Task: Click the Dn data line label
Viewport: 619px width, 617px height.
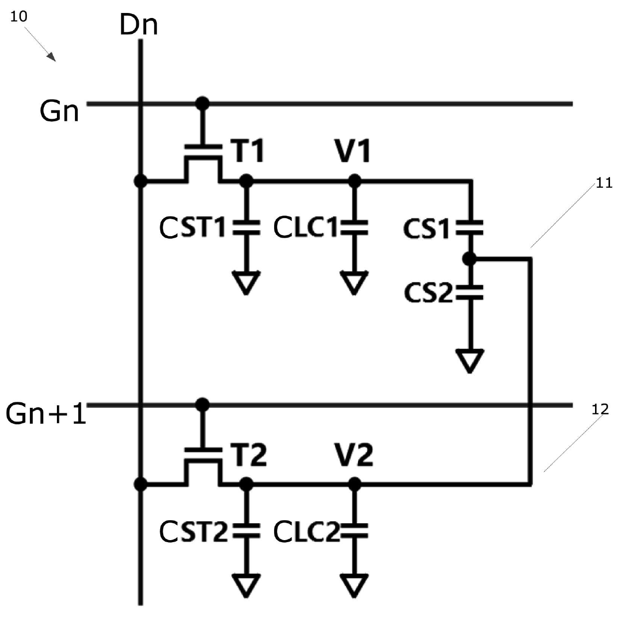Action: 138,25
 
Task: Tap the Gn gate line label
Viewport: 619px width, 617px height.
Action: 59,111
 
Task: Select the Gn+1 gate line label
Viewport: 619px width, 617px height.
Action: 46,413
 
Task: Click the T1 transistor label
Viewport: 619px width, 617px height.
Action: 248,150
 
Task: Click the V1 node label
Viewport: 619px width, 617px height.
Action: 353,150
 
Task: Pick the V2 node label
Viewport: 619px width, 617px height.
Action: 353,455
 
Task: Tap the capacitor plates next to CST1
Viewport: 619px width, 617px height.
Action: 246,228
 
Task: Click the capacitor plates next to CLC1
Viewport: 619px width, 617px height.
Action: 354,228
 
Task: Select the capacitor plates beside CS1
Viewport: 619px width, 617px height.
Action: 470,228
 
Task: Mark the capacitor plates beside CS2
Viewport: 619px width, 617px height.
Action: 470,292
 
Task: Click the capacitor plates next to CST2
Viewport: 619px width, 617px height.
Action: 246,531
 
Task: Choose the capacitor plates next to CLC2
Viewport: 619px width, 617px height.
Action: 354,531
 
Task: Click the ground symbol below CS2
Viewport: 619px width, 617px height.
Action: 470,360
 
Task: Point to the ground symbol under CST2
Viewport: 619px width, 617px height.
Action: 246,586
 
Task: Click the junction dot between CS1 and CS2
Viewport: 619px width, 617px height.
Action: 470,259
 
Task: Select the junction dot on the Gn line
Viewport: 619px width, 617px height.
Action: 202,103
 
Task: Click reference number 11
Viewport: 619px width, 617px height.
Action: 604,183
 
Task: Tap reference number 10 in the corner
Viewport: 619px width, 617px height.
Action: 18,16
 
